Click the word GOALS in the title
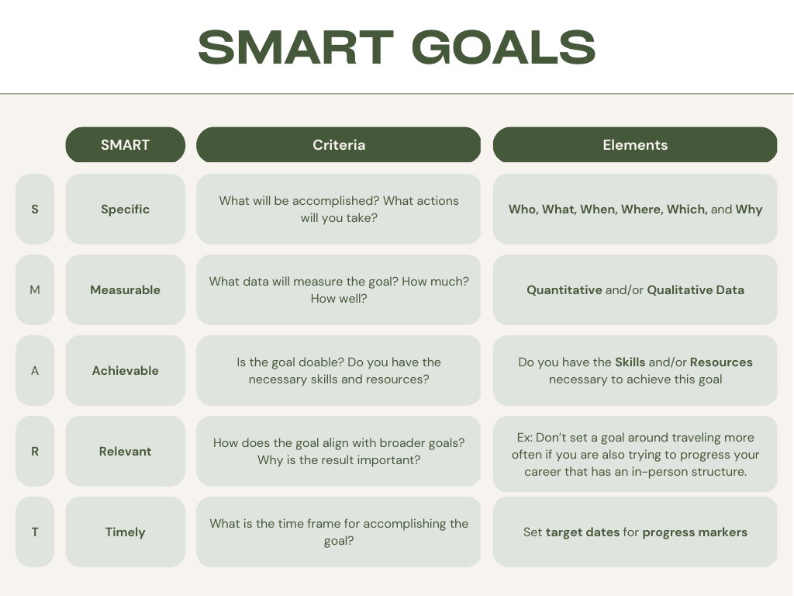click(x=504, y=47)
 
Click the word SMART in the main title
click(x=295, y=47)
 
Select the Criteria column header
click(x=338, y=145)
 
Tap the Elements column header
click(x=635, y=145)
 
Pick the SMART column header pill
click(x=125, y=145)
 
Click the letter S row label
click(x=35, y=210)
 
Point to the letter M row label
click(x=35, y=290)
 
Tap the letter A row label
click(x=35, y=370)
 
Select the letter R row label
click(x=35, y=451)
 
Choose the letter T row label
click(x=35, y=532)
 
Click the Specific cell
click(x=125, y=210)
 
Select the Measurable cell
click(x=125, y=290)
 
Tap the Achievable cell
click(x=125, y=370)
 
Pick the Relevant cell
click(x=125, y=451)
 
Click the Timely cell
click(x=125, y=532)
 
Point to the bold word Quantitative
click(x=564, y=290)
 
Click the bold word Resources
click(x=721, y=362)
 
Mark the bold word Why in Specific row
click(x=749, y=210)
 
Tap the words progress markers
click(x=695, y=532)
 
